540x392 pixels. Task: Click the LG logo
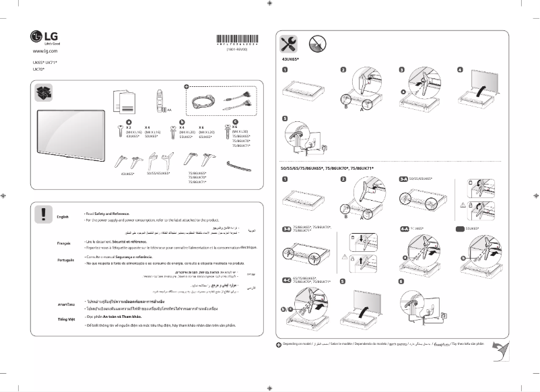coord(42,36)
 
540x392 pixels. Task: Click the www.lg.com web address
coord(46,51)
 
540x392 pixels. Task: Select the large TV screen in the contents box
coord(71,131)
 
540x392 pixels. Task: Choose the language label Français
coord(65,241)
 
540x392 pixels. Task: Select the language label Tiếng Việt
coord(66,318)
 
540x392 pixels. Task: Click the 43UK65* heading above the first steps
coord(290,60)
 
